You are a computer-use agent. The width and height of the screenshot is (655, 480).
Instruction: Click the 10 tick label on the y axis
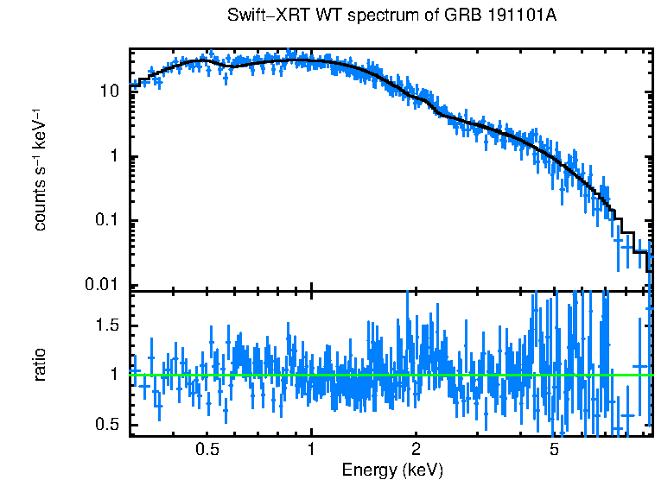110,91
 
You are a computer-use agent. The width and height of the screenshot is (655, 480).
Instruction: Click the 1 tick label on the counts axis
114,156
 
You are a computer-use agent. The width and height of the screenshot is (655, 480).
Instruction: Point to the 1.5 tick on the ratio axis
108,325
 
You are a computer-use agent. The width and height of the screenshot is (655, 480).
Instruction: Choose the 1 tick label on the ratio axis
114,375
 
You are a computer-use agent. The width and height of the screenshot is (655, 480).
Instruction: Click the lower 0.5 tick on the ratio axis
108,424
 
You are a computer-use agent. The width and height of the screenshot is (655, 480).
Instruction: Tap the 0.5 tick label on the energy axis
207,450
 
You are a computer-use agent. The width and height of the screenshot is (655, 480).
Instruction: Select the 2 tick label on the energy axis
416,450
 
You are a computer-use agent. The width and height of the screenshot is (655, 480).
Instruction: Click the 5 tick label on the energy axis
554,450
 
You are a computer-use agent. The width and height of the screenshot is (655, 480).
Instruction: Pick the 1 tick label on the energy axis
311,450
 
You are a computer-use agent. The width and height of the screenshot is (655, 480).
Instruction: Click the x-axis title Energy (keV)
392,470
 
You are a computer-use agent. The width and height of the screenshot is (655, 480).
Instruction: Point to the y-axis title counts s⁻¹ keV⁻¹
41,168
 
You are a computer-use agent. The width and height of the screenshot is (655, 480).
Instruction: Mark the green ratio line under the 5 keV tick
554,375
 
